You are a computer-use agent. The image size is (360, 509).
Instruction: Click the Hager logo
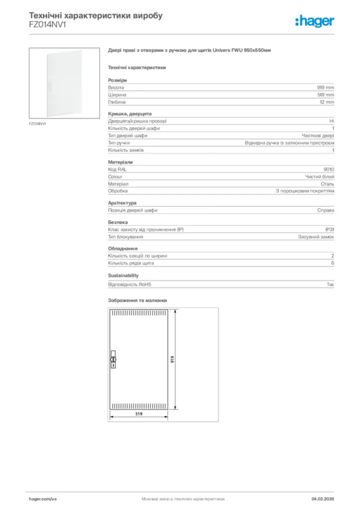(x=314, y=21)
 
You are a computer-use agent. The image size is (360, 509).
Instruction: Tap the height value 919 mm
(x=326, y=87)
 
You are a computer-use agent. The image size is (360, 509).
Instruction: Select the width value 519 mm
(x=326, y=94)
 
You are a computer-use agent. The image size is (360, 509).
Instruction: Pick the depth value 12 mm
(x=327, y=102)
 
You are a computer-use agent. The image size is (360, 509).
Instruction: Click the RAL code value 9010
(x=329, y=170)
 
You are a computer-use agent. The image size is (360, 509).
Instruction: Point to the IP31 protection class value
(x=329, y=230)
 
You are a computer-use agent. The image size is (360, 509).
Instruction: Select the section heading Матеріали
(x=120, y=162)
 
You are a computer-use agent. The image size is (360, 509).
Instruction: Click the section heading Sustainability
(x=123, y=275)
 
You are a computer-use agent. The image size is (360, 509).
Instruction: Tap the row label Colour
(x=115, y=176)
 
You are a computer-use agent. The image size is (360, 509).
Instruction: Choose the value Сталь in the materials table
(x=328, y=184)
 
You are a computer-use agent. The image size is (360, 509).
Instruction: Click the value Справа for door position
(x=326, y=210)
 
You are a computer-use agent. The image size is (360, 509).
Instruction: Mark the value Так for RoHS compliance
(x=330, y=285)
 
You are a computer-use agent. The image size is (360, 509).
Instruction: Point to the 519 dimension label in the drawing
(x=140, y=413)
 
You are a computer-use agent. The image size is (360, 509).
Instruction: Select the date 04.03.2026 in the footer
(x=323, y=499)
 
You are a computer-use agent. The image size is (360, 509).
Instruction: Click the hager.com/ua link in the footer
(x=43, y=499)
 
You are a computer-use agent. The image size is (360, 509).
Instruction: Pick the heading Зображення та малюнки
(x=137, y=301)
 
